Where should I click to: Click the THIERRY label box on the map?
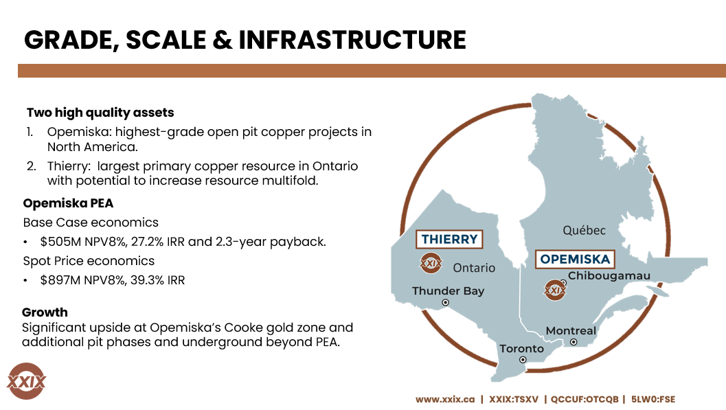point(449,239)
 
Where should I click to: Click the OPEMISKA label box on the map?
point(575,259)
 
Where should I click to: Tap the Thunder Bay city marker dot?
point(445,302)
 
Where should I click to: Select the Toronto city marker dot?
point(523,359)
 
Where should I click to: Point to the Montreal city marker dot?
point(574,342)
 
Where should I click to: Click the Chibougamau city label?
point(609,276)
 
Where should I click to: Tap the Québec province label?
point(584,230)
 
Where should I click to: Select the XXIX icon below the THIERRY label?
point(431,263)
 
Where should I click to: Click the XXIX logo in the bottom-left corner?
point(26,380)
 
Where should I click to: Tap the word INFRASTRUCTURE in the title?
point(352,40)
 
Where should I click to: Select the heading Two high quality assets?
point(100,112)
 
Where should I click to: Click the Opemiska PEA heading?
point(68,203)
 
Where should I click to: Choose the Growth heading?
point(45,312)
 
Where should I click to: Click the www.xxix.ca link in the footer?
point(445,399)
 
